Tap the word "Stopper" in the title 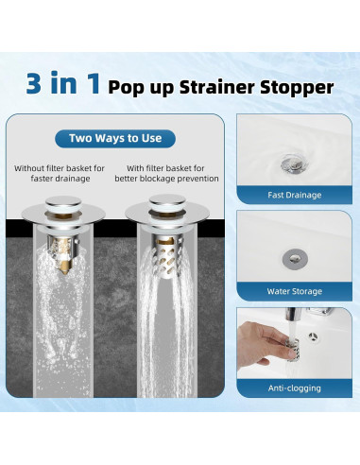(x=300, y=87)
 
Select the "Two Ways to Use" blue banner (x=115, y=138)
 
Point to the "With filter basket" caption (x=166, y=168)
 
